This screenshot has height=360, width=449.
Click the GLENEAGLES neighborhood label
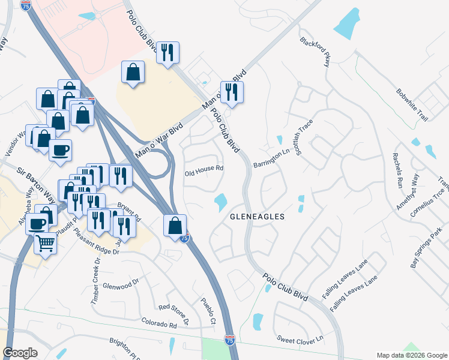(256, 215)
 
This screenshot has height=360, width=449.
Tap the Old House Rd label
(204, 169)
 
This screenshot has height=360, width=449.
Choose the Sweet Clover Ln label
(300, 338)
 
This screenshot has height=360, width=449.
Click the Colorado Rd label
(159, 325)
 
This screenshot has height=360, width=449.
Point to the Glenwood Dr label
(121, 284)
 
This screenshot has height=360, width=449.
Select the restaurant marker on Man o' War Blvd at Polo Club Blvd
(231, 92)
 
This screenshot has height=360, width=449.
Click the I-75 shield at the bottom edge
(229, 340)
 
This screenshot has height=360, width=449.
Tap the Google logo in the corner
(20, 353)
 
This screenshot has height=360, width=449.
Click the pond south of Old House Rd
(220, 202)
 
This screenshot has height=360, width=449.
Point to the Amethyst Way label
(406, 191)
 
